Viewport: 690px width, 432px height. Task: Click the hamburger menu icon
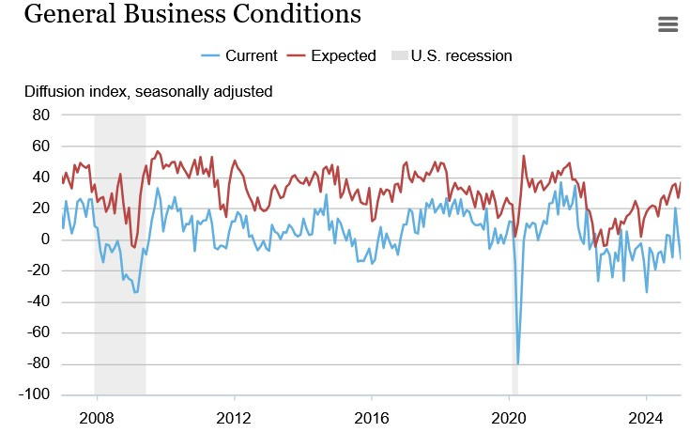[667, 24]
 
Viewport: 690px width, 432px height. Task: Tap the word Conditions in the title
[302, 14]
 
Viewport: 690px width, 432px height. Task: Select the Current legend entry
[240, 55]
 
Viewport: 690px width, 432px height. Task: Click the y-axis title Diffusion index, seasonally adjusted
[148, 92]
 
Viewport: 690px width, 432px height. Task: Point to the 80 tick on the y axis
[41, 115]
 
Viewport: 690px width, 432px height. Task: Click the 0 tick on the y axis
[45, 239]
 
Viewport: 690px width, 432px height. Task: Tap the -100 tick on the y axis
[36, 394]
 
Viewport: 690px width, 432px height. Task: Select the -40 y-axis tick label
[38, 301]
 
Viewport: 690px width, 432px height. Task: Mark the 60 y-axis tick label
[41, 146]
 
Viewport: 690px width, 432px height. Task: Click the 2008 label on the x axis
[97, 416]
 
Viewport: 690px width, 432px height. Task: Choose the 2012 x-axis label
[234, 416]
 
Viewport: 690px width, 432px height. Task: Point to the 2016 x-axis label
[372, 416]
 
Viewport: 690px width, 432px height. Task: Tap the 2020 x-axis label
[509, 416]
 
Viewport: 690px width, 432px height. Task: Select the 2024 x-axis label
[646, 416]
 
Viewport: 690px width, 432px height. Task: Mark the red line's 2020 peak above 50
[523, 156]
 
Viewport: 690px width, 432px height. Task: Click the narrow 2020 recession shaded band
[514, 282]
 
